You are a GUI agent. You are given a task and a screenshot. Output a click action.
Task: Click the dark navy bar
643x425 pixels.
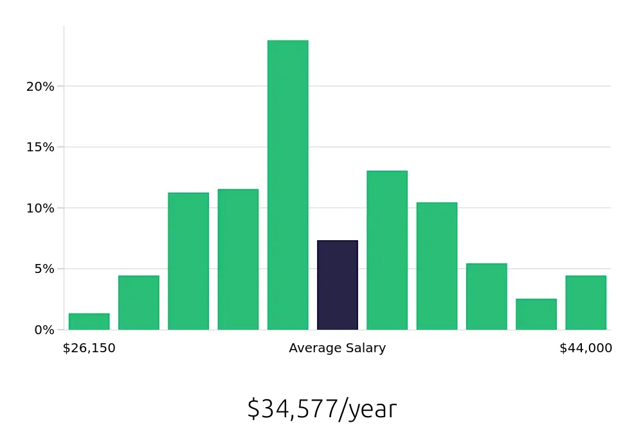click(338, 285)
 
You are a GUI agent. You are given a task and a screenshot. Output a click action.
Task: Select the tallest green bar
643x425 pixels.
click(288, 185)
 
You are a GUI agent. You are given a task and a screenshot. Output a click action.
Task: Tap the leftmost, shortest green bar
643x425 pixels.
click(89, 321)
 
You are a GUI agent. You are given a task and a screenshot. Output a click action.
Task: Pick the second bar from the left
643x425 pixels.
click(139, 303)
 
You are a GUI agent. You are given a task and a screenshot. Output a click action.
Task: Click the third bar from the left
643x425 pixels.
click(188, 261)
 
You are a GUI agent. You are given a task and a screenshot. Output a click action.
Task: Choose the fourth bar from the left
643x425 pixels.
click(238, 260)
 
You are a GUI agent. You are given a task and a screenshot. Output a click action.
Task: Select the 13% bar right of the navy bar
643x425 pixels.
click(387, 250)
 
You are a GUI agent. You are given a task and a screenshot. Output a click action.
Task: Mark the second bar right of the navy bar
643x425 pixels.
click(437, 266)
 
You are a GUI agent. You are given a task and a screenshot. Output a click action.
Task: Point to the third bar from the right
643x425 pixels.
click(487, 296)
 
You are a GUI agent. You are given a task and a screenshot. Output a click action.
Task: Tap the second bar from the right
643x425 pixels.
click(536, 314)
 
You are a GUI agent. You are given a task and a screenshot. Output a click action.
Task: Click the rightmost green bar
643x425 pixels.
click(586, 303)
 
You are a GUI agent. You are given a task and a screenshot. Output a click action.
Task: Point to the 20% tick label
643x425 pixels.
click(41, 86)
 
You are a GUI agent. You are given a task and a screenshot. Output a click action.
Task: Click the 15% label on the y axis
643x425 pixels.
click(41, 147)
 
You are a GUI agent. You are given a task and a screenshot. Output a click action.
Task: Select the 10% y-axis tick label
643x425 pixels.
click(41, 208)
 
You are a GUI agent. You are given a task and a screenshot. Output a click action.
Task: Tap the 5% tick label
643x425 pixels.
click(44, 269)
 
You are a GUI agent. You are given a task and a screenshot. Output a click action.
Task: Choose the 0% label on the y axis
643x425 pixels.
click(44, 330)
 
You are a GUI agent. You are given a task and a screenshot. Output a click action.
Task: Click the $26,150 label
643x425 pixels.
click(89, 348)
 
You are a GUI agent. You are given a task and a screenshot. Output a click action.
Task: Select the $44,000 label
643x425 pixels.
click(586, 348)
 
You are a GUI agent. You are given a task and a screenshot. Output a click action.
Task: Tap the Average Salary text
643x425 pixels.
click(338, 348)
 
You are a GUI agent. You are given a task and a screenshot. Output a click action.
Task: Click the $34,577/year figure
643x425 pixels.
click(321, 409)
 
